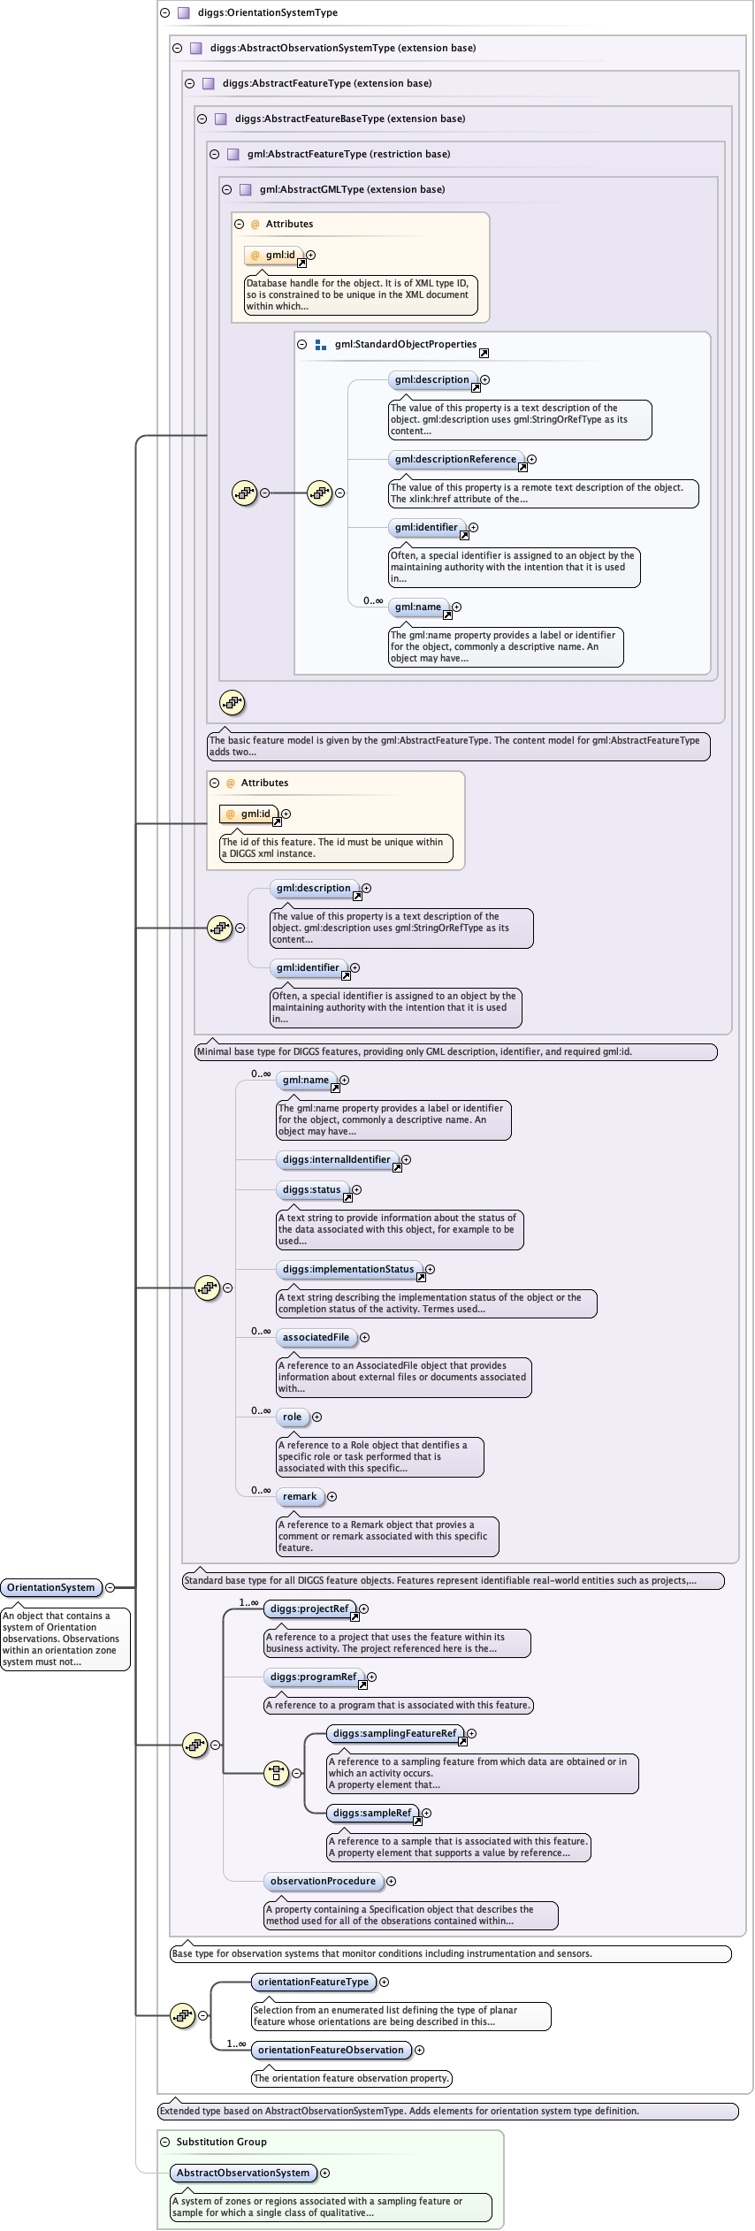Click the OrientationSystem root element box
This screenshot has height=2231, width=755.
(x=50, y=1587)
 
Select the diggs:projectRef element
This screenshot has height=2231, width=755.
(x=309, y=1608)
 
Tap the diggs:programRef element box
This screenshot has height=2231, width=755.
(x=313, y=1677)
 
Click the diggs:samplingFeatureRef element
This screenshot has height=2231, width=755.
(x=394, y=1733)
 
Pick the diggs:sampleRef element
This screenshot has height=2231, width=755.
(x=371, y=1813)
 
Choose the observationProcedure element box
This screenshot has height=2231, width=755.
(x=323, y=1881)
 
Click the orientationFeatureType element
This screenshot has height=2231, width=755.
(x=313, y=1982)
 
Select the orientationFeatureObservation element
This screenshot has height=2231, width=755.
(x=331, y=2050)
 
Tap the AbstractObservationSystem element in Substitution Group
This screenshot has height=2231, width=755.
(x=243, y=2173)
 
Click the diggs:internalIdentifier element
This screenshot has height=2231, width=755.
(x=336, y=1159)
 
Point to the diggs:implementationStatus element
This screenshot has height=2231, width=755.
(x=347, y=1269)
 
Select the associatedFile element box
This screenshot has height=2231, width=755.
(x=316, y=1337)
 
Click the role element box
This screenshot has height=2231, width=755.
(x=292, y=1417)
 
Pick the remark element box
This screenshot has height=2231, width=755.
(x=300, y=1496)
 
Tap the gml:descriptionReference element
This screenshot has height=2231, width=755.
(x=455, y=459)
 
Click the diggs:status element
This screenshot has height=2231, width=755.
(x=311, y=1189)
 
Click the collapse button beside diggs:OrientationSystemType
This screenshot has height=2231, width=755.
(x=164, y=13)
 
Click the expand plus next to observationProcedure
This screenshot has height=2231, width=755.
(x=391, y=1881)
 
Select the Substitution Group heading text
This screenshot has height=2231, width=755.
(x=221, y=2142)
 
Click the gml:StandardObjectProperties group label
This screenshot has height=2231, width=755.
(x=405, y=345)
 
